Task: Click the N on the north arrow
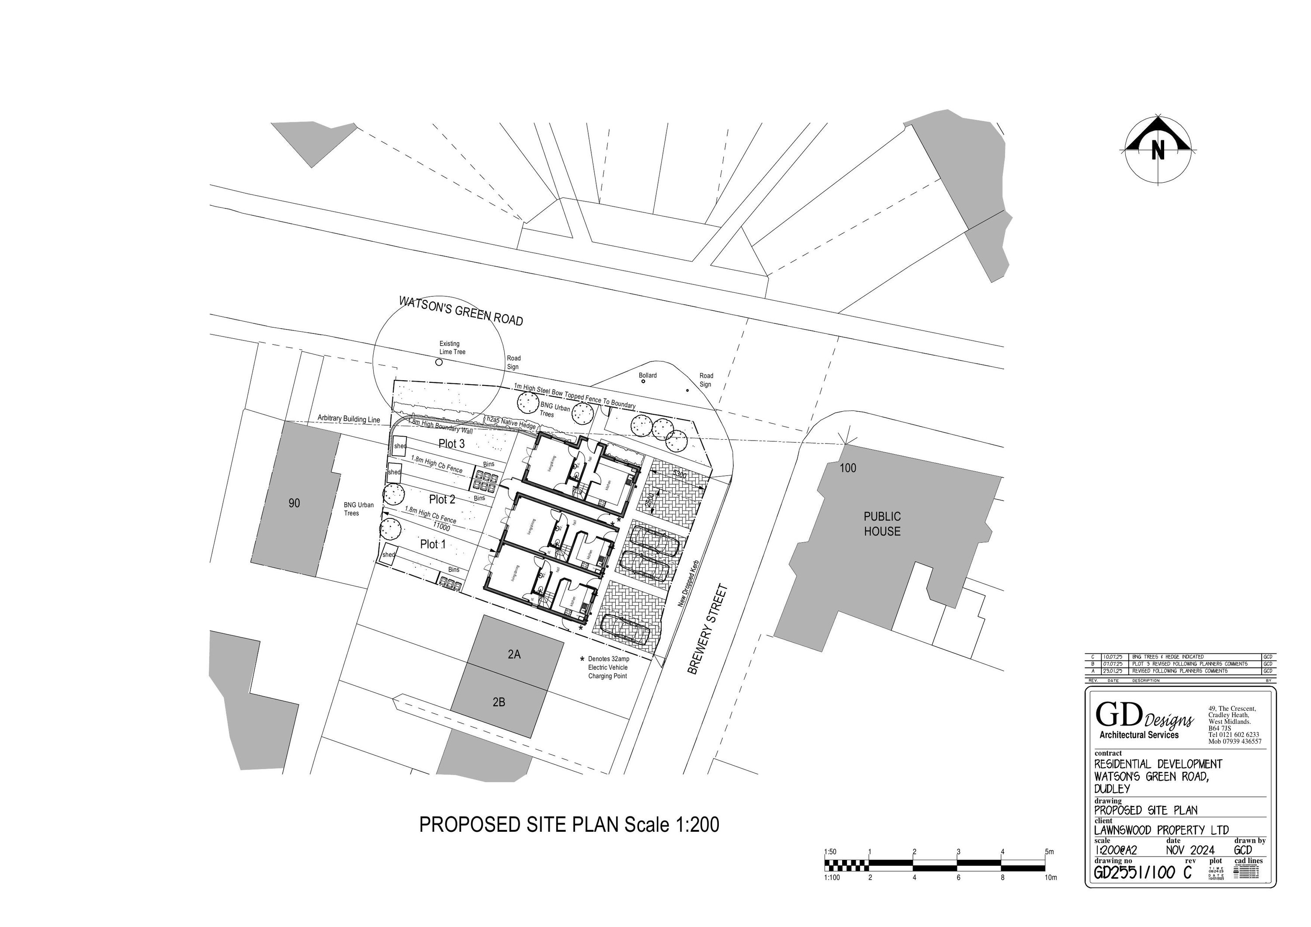(1158, 150)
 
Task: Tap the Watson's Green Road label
(461, 311)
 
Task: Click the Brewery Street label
(708, 629)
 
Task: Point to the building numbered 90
(294, 503)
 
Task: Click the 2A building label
(514, 655)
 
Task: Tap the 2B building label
(499, 702)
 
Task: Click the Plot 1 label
(433, 544)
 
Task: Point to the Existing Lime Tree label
(452, 347)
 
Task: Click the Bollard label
(648, 375)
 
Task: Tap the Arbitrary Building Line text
(348, 419)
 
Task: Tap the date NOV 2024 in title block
(1190, 850)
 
